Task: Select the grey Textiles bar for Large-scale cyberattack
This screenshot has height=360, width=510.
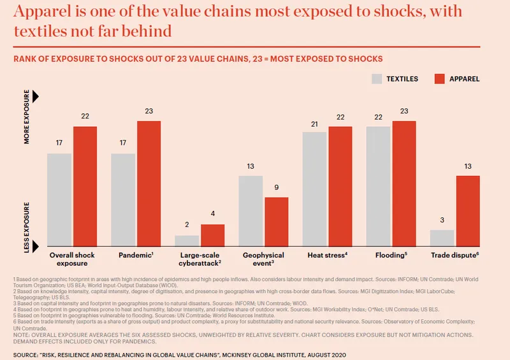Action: [187, 241]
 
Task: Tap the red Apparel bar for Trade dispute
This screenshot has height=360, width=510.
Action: [467, 211]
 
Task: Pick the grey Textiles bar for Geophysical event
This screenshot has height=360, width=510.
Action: [251, 211]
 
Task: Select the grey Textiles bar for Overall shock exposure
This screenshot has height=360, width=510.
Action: [59, 200]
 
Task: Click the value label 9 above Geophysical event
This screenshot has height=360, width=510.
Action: [276, 188]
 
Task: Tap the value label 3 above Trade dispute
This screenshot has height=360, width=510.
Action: [442, 220]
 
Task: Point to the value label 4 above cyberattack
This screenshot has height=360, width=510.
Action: [212, 215]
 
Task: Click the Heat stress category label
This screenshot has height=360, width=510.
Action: [326, 256]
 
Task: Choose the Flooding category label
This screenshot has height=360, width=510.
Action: [390, 256]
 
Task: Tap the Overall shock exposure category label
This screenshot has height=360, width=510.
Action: [72, 259]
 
